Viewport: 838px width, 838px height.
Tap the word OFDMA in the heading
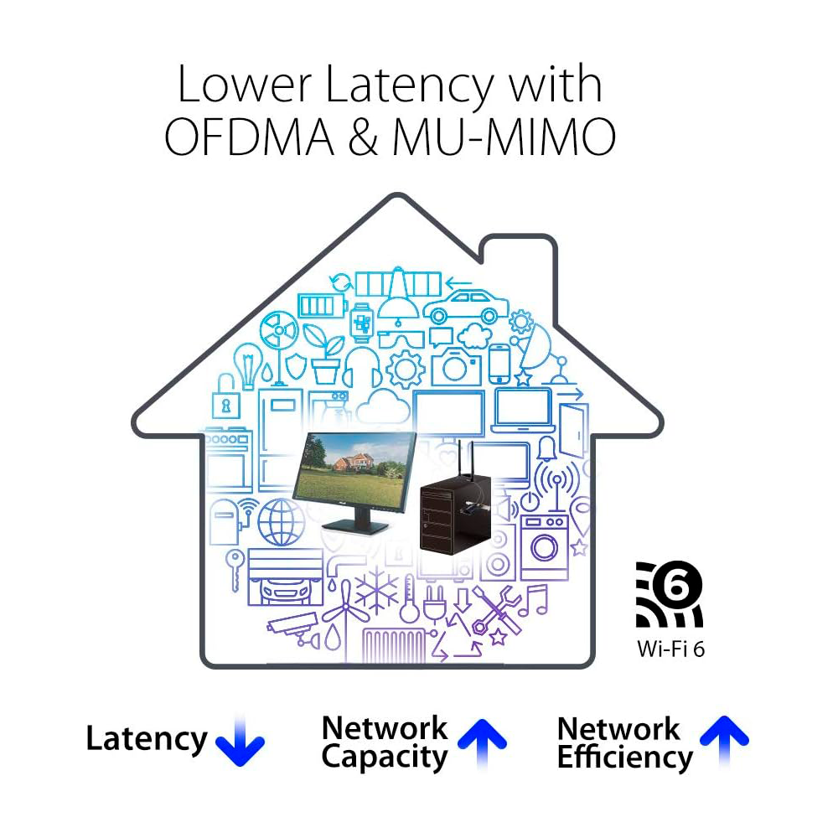click(249, 137)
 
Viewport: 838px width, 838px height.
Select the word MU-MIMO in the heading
click(504, 137)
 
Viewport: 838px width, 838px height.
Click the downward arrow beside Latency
click(240, 741)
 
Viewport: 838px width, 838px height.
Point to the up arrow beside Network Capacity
click(482, 743)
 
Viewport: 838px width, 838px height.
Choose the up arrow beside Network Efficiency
click(724, 742)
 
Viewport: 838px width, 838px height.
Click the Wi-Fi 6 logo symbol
click(669, 594)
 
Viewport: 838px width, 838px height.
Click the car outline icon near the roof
click(466, 307)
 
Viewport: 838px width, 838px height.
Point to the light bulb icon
click(247, 365)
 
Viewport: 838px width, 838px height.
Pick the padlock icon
click(226, 397)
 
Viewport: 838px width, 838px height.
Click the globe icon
click(281, 521)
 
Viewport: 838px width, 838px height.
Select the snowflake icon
click(377, 591)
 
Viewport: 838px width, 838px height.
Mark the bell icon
click(546, 449)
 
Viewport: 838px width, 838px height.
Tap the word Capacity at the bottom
click(385, 758)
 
